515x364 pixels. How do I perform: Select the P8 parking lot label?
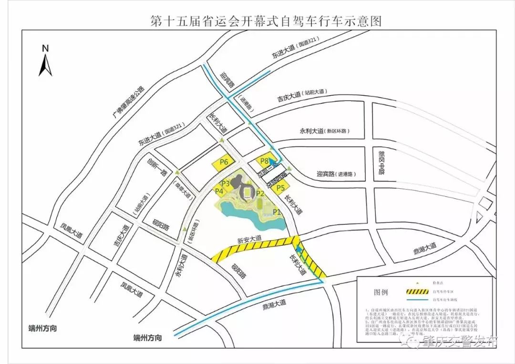264,162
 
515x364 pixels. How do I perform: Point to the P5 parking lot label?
280,188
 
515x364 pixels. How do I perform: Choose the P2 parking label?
260,193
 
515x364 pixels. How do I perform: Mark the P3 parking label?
226,183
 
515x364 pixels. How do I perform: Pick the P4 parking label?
219,192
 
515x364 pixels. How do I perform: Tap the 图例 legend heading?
381,292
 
